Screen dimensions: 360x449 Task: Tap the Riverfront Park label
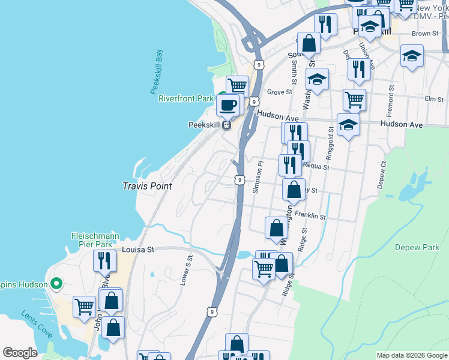(x=186, y=98)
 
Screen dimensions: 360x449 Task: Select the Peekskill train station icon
(x=227, y=125)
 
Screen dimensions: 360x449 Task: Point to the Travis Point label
(x=148, y=186)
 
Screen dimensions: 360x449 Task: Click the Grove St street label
(x=279, y=92)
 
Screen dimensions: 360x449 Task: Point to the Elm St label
(x=433, y=98)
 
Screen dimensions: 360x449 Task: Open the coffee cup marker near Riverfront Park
(x=228, y=106)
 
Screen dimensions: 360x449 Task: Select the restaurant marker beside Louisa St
(x=104, y=260)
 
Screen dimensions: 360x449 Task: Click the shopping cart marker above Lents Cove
(x=84, y=306)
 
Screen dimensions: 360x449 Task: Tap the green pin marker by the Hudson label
(x=56, y=283)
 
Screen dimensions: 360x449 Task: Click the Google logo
(x=20, y=353)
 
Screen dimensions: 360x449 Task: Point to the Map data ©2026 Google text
(x=411, y=355)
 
